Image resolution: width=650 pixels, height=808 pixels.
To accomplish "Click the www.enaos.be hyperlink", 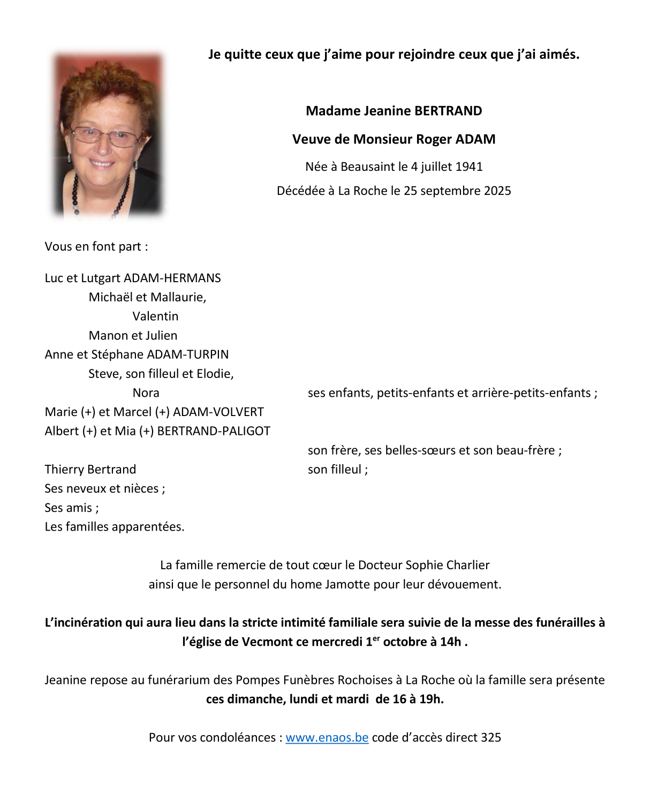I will click(327, 737).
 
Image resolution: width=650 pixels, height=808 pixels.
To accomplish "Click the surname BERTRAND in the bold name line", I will click(448, 111).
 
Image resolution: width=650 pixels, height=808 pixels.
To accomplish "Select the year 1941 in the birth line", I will click(470, 167).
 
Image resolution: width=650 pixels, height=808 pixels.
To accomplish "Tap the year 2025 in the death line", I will click(497, 191).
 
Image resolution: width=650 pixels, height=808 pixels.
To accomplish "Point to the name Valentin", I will click(155, 316).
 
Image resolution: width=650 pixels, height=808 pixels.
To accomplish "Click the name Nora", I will click(146, 392).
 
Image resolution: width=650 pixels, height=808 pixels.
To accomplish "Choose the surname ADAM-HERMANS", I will click(172, 278).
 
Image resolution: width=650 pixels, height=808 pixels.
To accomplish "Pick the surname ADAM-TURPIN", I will click(187, 354).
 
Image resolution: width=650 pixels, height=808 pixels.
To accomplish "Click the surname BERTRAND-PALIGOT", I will click(214, 431).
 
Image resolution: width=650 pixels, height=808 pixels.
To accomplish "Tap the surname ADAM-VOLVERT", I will click(218, 412).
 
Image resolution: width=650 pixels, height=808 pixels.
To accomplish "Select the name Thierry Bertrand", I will click(90, 469).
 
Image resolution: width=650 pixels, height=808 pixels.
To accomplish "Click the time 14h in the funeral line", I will click(450, 642).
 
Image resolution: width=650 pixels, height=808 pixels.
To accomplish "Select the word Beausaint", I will click(367, 167).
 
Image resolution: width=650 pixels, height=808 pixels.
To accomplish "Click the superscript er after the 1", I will click(376, 638).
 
